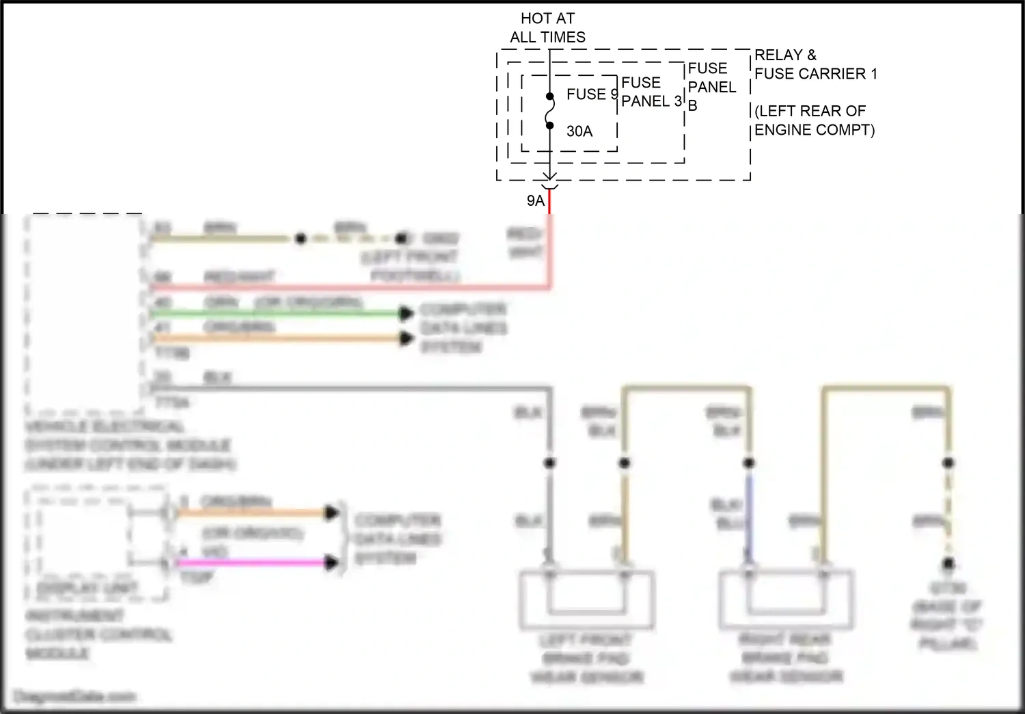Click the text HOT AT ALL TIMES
547,28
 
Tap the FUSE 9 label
591,94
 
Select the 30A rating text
579,131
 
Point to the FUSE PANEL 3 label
651,92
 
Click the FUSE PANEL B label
711,87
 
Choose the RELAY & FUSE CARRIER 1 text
815,64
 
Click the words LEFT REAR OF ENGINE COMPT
814,120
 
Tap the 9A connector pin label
536,200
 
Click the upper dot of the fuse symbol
549,96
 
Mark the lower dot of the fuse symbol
549,125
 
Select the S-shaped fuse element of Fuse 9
550,111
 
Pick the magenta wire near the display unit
253,563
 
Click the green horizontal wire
273,313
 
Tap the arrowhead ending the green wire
407,313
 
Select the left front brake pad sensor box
586,600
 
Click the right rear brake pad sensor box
786,600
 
